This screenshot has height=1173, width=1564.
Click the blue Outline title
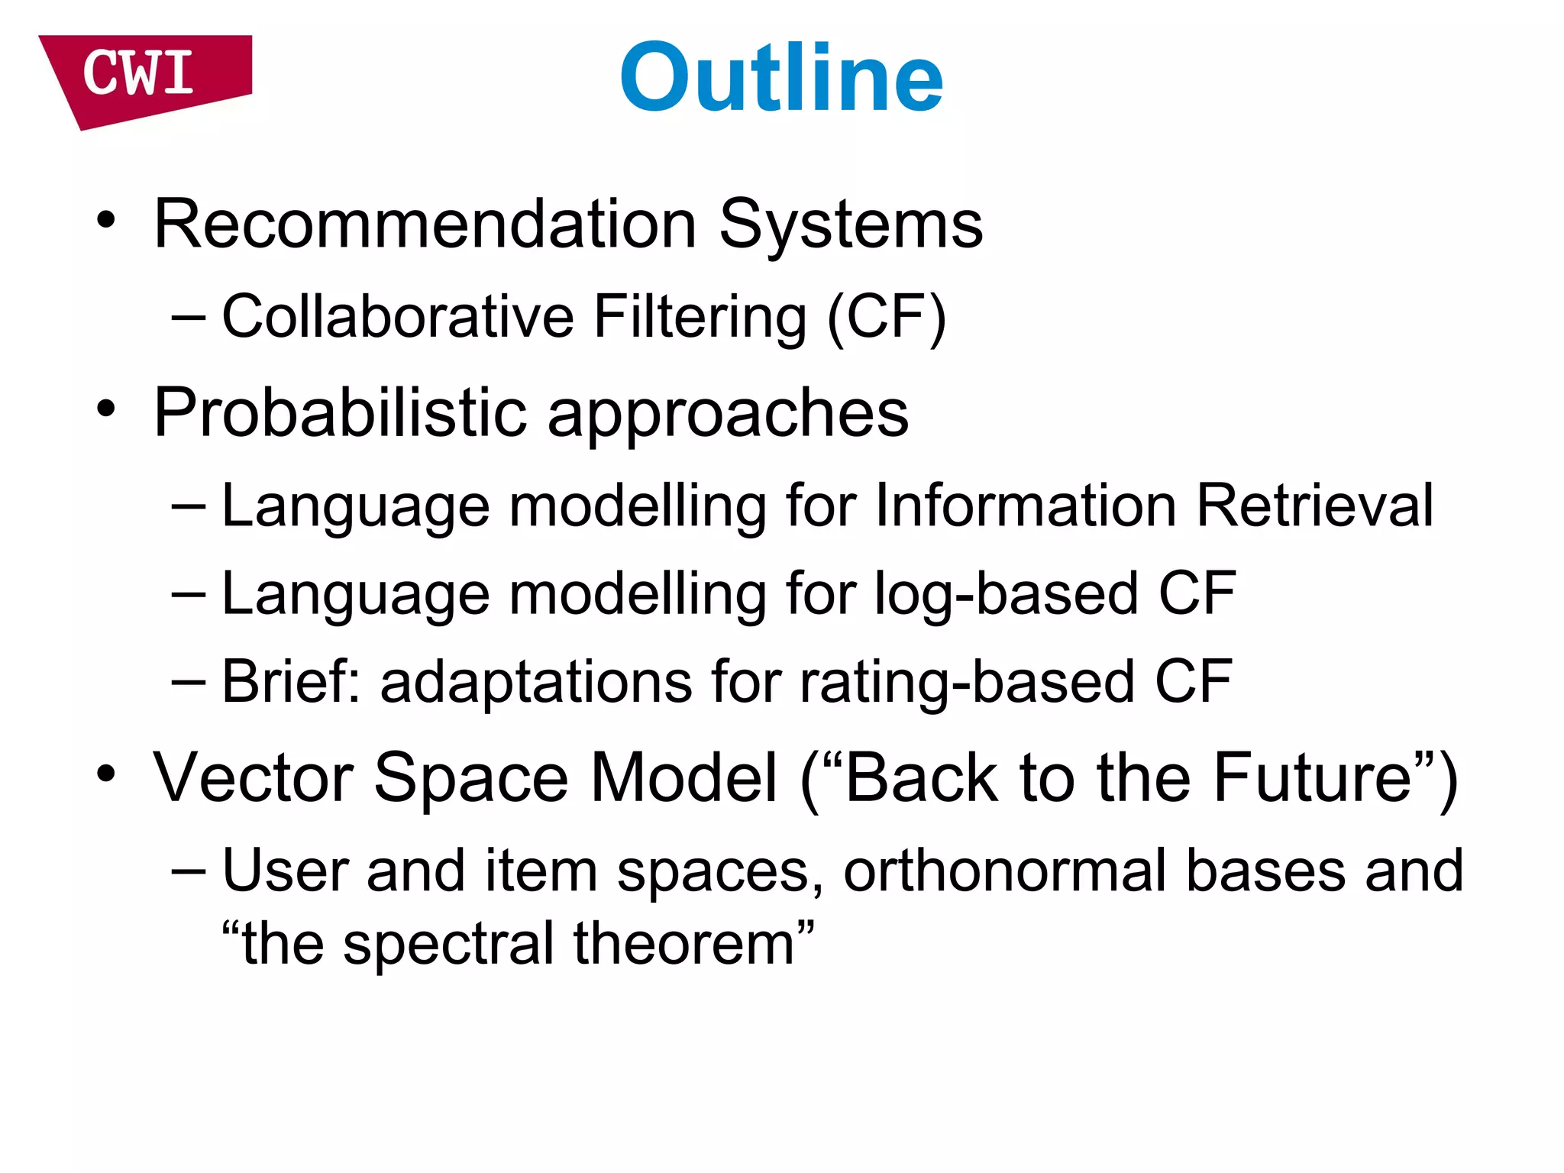point(781,78)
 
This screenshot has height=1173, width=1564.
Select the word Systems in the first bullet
point(851,226)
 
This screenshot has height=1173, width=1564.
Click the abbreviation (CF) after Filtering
point(887,317)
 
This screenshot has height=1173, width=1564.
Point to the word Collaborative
point(397,316)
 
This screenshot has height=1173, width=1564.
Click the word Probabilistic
point(340,412)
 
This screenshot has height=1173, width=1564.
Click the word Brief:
point(291,680)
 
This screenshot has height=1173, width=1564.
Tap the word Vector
point(253,777)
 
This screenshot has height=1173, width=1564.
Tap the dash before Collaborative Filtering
point(189,316)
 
